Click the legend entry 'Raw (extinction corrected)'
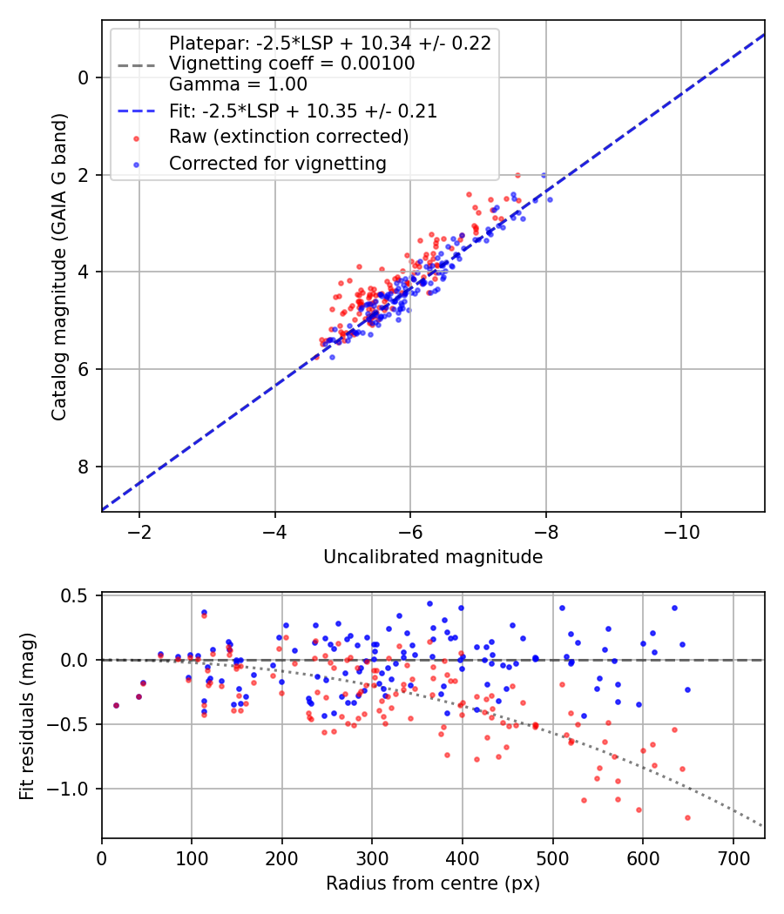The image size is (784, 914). (x=288, y=137)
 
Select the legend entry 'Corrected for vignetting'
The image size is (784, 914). (x=277, y=163)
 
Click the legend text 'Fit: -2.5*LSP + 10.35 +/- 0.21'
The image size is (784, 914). (x=303, y=111)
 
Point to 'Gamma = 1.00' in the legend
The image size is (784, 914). (x=238, y=84)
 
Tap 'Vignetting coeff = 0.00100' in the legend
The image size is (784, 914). (x=292, y=64)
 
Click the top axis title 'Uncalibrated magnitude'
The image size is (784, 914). (x=433, y=557)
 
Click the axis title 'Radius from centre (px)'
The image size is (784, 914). (x=433, y=884)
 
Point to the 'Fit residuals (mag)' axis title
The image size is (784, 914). (x=28, y=716)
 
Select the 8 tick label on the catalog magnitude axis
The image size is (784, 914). (x=84, y=467)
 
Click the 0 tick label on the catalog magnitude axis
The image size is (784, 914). (x=84, y=77)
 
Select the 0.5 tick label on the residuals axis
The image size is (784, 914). (x=75, y=595)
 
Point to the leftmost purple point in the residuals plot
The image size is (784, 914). (x=116, y=705)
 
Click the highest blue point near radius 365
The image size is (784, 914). (x=429, y=603)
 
